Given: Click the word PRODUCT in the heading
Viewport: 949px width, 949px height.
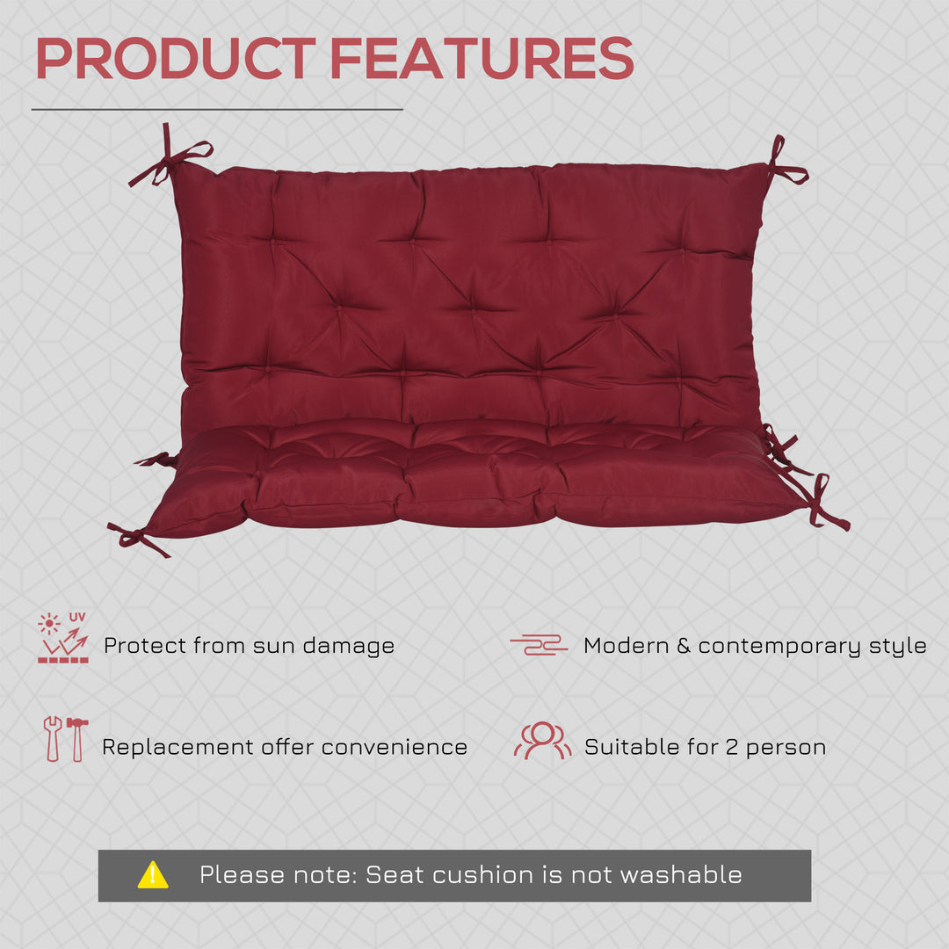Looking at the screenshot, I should coord(175,59).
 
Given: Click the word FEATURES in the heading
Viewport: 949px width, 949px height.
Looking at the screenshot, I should coord(482,59).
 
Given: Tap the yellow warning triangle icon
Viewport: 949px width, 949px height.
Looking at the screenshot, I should coord(153,874).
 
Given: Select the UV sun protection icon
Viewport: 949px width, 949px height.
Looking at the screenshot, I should coord(63,639).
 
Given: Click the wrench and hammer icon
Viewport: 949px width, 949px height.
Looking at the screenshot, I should coord(65,739).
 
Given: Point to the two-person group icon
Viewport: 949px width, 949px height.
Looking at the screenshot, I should coord(542,741).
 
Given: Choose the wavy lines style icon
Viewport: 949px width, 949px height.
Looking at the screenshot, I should coord(539,645).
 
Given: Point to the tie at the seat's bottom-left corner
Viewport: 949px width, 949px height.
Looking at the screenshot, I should coord(136,537).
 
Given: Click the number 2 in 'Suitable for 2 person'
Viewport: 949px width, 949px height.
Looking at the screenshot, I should coord(731,748).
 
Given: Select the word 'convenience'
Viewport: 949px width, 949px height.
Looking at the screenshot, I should coord(394,748).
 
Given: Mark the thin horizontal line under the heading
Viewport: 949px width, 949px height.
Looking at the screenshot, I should coord(217,110).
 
